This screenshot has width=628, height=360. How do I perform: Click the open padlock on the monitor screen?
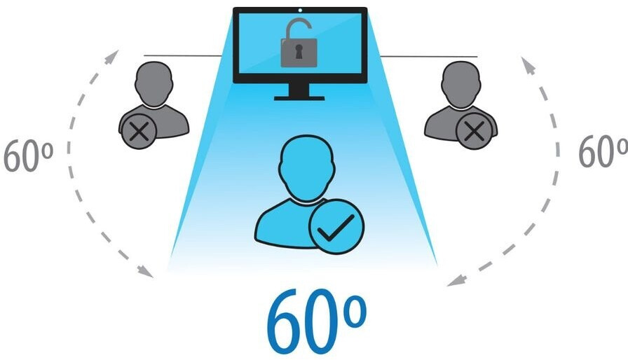pyautogui.click(x=299, y=48)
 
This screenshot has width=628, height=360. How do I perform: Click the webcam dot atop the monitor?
pyautogui.click(x=300, y=10)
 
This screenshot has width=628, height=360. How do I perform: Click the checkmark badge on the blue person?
pyautogui.click(x=334, y=226)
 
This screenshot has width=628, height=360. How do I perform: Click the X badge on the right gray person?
pyautogui.click(x=474, y=130)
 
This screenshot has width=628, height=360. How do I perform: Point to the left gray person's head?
pyautogui.click(x=154, y=81)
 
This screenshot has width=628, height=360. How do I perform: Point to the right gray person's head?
pyautogui.click(x=460, y=81)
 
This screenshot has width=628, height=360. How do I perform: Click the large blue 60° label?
pyautogui.click(x=315, y=326)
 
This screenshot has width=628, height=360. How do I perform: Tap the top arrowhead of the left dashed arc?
pyautogui.click(x=112, y=56)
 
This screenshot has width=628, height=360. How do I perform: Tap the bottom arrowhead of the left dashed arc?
pyautogui.click(x=148, y=272)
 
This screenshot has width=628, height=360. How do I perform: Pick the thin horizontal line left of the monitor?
pyautogui.click(x=182, y=55)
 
